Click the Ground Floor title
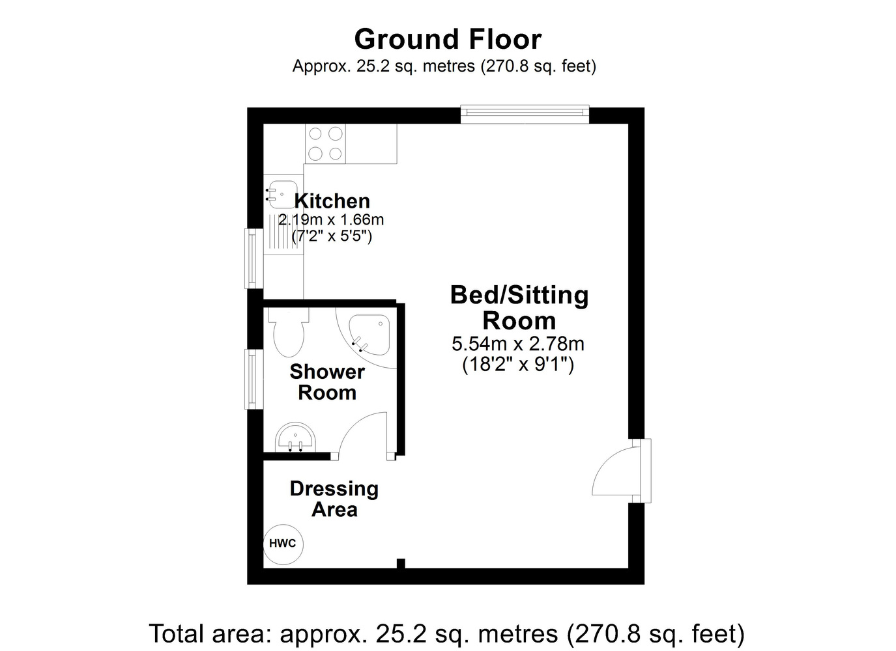tap(448, 40)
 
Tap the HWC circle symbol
tap(283, 544)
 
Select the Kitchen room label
tap(332, 201)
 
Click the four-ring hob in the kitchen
tap(325, 143)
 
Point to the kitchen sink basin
tap(282, 195)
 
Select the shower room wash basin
tap(295, 437)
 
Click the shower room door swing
tap(363, 436)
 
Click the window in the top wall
tap(525, 115)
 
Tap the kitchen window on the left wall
tap(253, 258)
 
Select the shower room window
tap(253, 380)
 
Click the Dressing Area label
tap(334, 499)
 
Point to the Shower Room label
tap(327, 382)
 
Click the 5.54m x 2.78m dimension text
tap(518, 344)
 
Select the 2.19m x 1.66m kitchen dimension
tap(331, 220)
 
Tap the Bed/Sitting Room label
tap(519, 308)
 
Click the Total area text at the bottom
tap(447, 634)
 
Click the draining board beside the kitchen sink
tap(283, 234)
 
